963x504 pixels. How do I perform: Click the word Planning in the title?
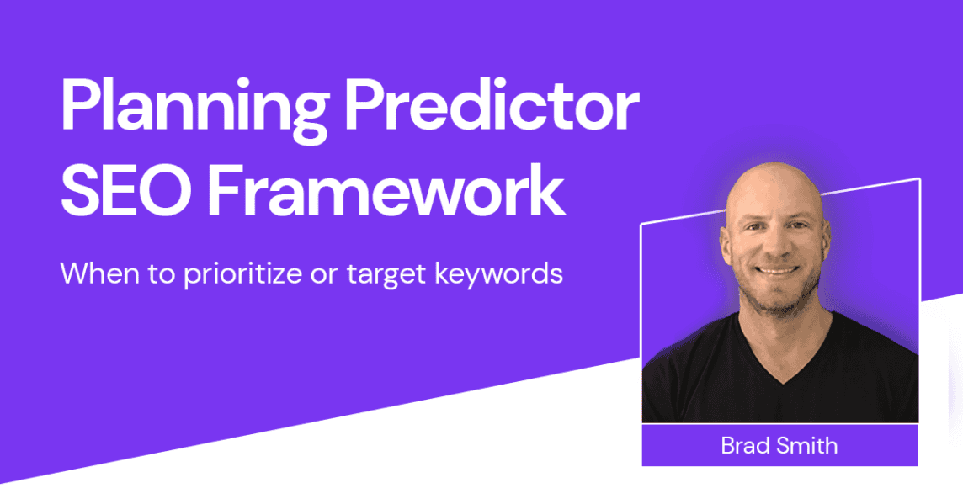point(194,109)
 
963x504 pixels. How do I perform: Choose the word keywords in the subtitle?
point(498,273)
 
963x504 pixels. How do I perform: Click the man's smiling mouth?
point(775,269)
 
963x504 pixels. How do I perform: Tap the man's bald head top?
point(774,178)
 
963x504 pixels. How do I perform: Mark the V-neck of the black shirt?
point(783,362)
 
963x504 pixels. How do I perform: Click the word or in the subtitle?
point(323,276)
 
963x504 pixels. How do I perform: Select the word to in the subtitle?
point(161,274)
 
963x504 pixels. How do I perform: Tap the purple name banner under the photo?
point(780,445)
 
